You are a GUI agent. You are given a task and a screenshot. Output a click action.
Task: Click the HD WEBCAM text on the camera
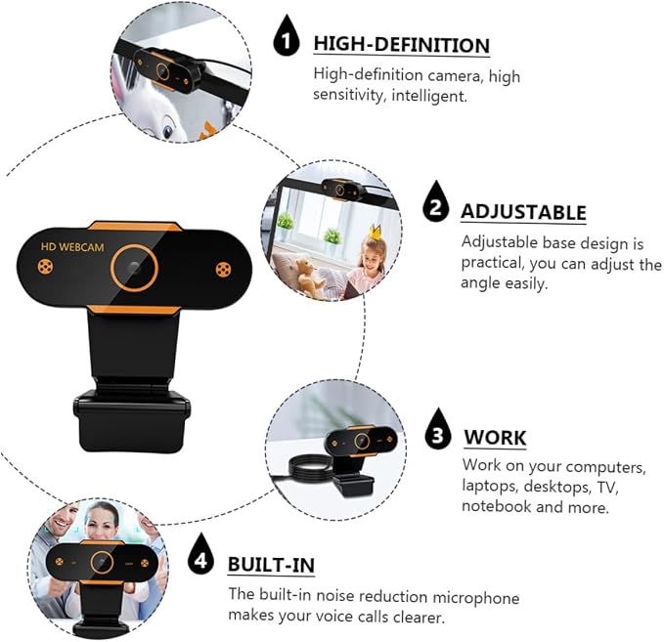coord(72,247)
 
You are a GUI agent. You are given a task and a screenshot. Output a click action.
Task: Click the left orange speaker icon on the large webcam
coord(45,267)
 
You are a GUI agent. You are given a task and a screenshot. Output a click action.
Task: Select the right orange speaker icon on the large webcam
coord(224,270)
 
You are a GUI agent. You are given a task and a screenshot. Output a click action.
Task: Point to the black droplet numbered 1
coord(287,37)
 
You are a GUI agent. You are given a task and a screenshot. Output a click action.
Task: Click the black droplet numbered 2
coord(436,203)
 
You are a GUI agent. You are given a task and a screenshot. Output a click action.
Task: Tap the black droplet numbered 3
coord(438,430)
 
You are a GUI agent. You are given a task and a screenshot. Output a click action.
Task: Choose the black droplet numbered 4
coord(201,555)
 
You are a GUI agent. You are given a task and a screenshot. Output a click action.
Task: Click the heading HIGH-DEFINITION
coord(402,45)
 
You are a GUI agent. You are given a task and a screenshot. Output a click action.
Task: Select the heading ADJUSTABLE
coord(524,212)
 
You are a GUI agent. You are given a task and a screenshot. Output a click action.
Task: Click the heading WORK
coord(495,438)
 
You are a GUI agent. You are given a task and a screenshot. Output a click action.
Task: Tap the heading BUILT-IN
coord(272,565)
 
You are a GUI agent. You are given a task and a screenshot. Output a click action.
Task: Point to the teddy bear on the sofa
coord(307,276)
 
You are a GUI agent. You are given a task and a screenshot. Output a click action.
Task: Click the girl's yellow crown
coord(376,231)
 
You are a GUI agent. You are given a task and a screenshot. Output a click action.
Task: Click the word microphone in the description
coord(475,598)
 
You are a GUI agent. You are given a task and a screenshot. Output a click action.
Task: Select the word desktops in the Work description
coord(556,487)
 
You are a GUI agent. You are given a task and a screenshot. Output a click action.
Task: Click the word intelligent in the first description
coord(429,96)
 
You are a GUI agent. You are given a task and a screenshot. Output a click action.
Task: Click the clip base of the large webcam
coord(132,420)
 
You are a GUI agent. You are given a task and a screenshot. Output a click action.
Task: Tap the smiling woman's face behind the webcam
coord(101,520)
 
